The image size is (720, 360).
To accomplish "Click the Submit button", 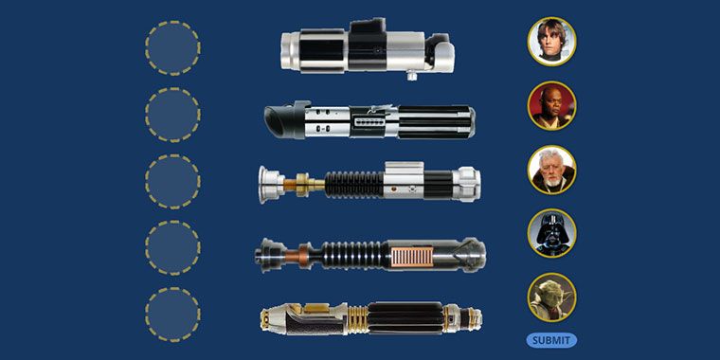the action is (x=551, y=340).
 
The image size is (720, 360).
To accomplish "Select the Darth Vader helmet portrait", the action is (x=551, y=233).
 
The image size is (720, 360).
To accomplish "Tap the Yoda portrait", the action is (x=551, y=297).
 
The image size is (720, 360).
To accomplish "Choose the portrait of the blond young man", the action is (x=551, y=42).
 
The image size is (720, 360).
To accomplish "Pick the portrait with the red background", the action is (x=551, y=105).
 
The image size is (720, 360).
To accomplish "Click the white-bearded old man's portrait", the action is (x=551, y=170).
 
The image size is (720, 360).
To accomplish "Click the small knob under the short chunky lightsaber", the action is (x=412, y=76).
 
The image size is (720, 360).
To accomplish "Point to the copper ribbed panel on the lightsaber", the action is (x=412, y=257).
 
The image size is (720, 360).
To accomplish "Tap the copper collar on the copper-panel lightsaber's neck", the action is (x=303, y=255).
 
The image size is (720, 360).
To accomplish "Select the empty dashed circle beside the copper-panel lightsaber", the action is (x=172, y=248).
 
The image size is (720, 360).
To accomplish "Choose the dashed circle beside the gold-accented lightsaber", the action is (x=172, y=315).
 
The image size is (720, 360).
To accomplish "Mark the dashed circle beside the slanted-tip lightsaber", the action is (x=172, y=115).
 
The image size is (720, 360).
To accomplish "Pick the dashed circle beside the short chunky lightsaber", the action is (x=172, y=48).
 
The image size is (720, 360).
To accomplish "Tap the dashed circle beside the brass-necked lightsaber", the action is (x=172, y=181).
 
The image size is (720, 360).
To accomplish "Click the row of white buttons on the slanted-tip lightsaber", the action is (x=369, y=122).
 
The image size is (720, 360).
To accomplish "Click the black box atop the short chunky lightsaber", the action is (x=368, y=26).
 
